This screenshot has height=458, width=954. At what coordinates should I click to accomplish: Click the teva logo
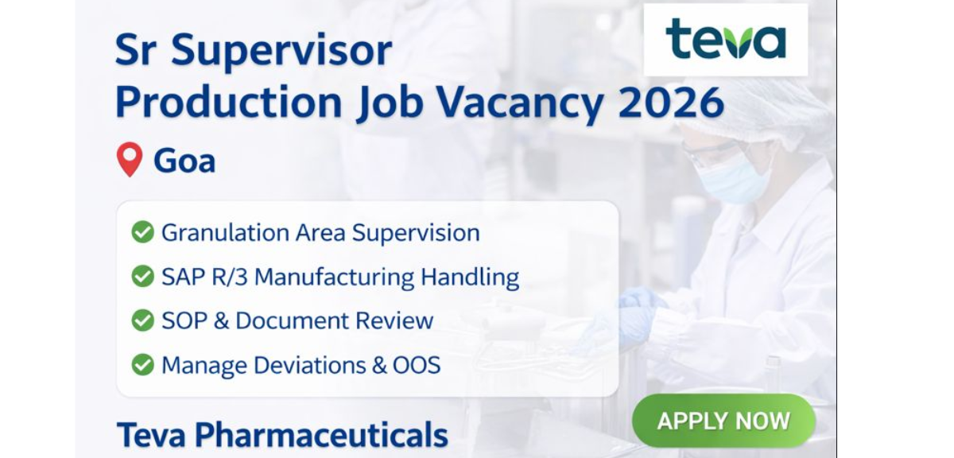(x=725, y=40)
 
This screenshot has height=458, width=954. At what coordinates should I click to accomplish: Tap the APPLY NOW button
(x=723, y=421)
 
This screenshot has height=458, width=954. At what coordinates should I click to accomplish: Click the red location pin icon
(x=129, y=160)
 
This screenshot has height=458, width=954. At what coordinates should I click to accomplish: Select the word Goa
(x=184, y=161)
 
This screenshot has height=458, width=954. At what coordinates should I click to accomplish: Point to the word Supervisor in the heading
(x=281, y=51)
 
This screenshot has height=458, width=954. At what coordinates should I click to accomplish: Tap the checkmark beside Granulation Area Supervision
(x=143, y=232)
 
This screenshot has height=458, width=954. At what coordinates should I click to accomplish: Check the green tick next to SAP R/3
(x=143, y=277)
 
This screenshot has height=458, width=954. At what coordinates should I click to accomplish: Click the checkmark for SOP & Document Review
(x=143, y=320)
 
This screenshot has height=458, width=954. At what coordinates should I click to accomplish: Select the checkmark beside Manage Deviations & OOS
(x=143, y=365)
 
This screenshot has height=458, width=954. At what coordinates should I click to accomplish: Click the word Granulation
(x=213, y=233)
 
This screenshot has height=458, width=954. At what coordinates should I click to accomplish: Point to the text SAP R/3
(x=204, y=277)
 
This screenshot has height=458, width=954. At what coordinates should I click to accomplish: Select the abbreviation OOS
(x=416, y=365)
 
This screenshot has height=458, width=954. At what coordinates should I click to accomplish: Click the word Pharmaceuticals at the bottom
(x=320, y=436)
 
